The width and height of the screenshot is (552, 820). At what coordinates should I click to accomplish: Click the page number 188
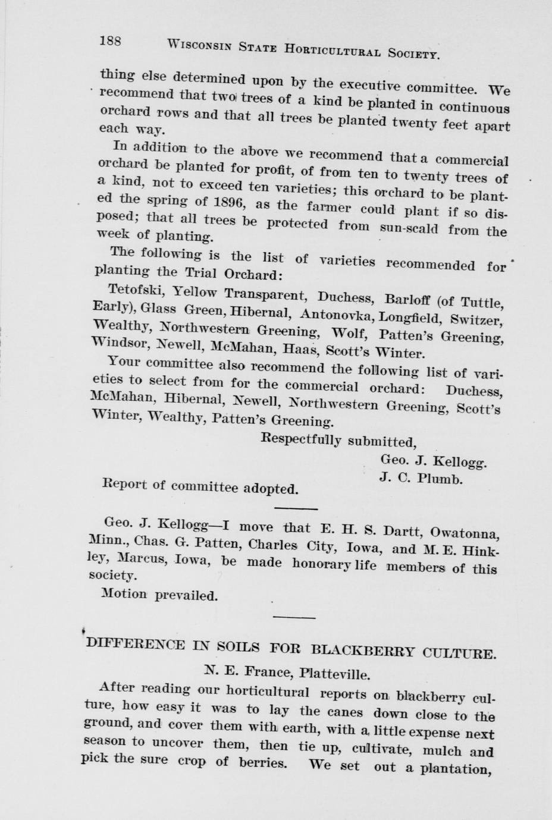pyautogui.click(x=111, y=41)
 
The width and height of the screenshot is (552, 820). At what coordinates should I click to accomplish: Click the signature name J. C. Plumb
pyautogui.click(x=421, y=477)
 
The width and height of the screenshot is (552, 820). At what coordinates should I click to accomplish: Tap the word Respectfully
pyautogui.click(x=302, y=440)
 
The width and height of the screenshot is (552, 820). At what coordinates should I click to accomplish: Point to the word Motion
pyautogui.click(x=124, y=593)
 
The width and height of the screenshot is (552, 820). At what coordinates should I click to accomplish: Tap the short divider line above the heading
pyautogui.click(x=294, y=617)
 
